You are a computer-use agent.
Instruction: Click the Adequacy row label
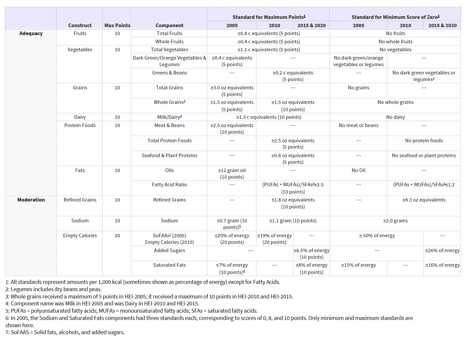(x=31, y=33)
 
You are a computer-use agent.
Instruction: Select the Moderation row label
(x=31, y=200)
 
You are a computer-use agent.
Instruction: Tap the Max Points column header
(x=117, y=25)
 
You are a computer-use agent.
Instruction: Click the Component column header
(x=169, y=25)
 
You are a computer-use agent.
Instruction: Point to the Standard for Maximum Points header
(x=269, y=17)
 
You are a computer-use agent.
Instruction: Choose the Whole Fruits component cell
(x=169, y=42)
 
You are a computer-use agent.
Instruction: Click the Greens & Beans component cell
(x=169, y=73)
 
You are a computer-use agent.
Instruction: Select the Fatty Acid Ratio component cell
(x=169, y=185)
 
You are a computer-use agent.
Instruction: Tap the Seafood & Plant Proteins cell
(x=169, y=156)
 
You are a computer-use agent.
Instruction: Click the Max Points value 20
(x=117, y=236)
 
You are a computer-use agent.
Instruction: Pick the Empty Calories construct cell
(x=80, y=236)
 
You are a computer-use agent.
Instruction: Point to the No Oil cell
(x=359, y=170)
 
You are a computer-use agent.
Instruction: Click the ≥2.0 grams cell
(x=395, y=221)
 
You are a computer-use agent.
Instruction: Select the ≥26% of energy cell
(x=442, y=250)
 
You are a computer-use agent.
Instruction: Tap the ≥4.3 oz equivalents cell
(x=424, y=200)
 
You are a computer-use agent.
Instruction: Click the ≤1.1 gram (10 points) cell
(x=293, y=221)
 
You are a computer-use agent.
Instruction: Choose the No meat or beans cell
(x=359, y=125)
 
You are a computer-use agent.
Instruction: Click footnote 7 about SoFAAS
(x=65, y=332)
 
